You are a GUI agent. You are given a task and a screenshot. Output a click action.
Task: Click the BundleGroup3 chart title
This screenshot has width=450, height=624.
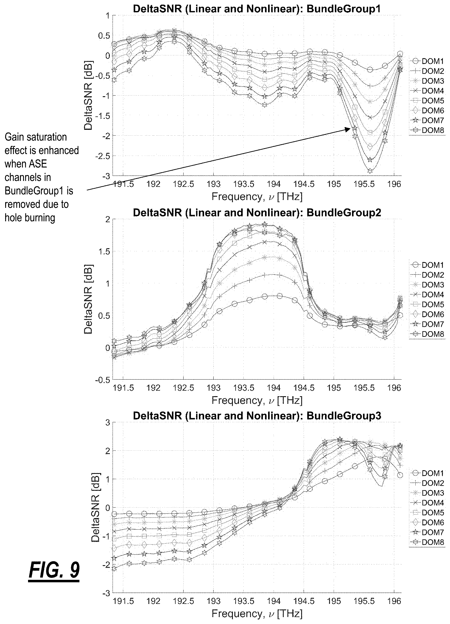257,415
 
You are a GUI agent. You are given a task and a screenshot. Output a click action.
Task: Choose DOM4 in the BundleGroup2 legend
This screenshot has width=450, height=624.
433,294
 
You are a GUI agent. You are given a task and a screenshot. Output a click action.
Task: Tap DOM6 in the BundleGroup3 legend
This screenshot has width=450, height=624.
433,522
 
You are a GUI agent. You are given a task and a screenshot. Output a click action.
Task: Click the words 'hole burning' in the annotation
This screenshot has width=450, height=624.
30,218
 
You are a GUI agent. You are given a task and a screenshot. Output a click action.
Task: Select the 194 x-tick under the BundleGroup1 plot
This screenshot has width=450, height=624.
274,184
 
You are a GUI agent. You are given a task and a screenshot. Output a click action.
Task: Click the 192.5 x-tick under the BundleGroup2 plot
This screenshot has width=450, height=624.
183,388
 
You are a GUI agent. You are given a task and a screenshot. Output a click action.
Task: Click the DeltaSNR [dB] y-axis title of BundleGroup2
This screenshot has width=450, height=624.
88,299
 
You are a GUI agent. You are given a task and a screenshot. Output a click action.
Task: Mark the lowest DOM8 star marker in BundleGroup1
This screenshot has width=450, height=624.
370,171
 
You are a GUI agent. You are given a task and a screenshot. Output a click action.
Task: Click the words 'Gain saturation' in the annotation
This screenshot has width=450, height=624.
36,137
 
